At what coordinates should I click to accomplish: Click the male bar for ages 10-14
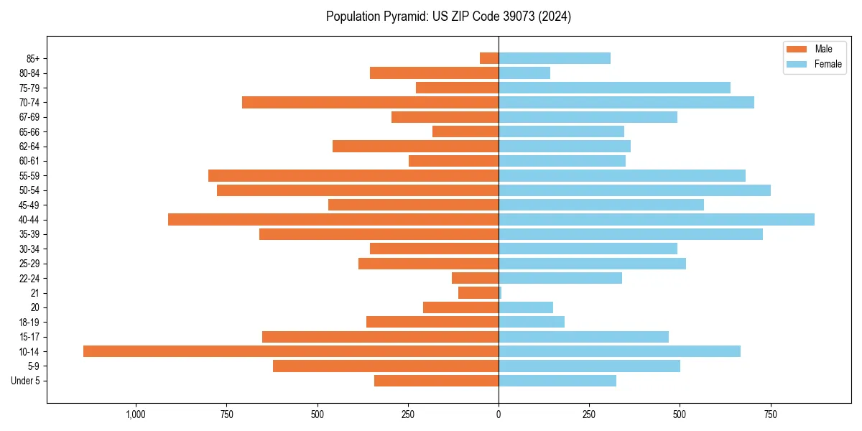tap(291, 351)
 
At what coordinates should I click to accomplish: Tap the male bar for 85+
tap(489, 58)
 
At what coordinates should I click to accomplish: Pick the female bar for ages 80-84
tap(524, 73)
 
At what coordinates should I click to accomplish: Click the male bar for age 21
tap(478, 292)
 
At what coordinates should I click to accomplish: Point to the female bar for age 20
tap(526, 307)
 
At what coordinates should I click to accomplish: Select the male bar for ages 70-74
tap(370, 102)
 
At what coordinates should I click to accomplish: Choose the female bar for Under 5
tap(557, 381)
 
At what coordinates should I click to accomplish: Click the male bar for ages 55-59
tap(353, 175)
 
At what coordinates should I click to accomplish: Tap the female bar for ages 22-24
tap(560, 278)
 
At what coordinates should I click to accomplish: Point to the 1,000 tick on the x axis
tap(136, 414)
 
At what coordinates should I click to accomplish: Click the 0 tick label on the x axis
tap(499, 414)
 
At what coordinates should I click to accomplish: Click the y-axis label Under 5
tap(25, 381)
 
